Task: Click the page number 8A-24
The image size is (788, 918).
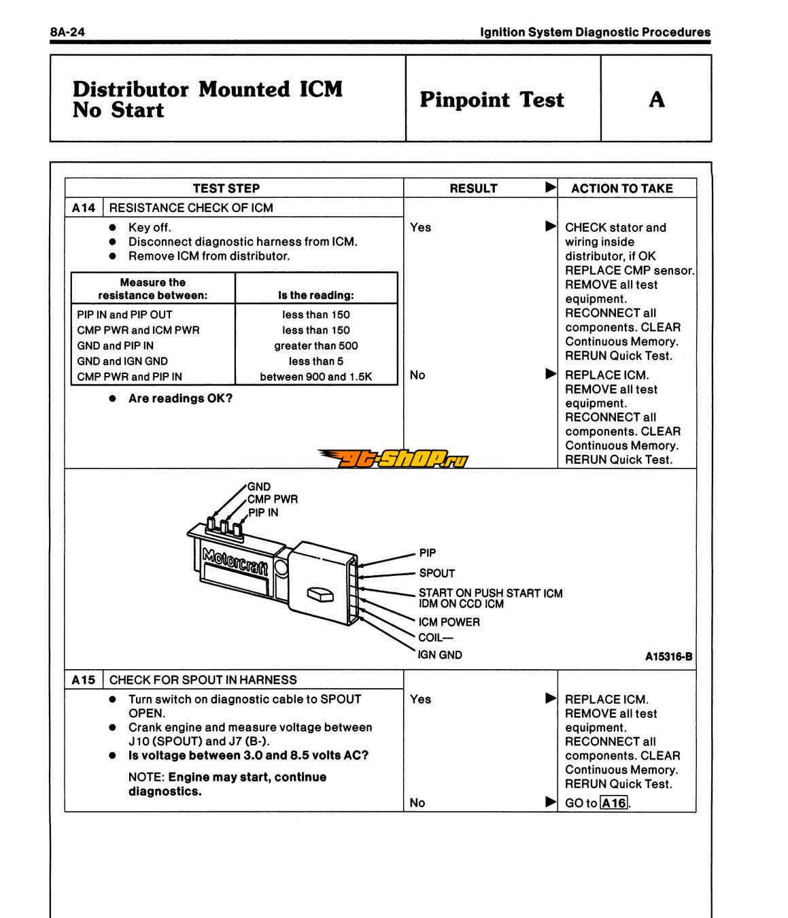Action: pyautogui.click(x=67, y=32)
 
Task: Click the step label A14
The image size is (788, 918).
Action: pyautogui.click(x=84, y=207)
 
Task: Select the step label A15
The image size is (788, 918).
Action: pyautogui.click(x=84, y=679)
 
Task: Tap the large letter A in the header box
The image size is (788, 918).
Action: pyautogui.click(x=656, y=99)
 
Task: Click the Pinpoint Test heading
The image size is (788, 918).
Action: pyautogui.click(x=492, y=99)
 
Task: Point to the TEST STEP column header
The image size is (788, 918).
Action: pyautogui.click(x=226, y=188)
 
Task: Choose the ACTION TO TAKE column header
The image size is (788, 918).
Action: pyautogui.click(x=621, y=188)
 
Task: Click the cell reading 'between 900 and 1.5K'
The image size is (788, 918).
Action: pyautogui.click(x=315, y=377)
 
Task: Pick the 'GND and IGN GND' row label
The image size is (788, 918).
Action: pyautogui.click(x=122, y=361)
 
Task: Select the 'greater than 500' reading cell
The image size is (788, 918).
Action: pyautogui.click(x=315, y=345)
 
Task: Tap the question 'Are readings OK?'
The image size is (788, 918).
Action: pyautogui.click(x=180, y=398)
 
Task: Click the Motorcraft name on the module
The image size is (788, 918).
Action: pyautogui.click(x=235, y=561)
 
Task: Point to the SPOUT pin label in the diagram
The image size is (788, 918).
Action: pyautogui.click(x=436, y=573)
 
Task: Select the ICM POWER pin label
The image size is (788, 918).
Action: pyautogui.click(x=449, y=622)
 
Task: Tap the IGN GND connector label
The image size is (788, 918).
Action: pyautogui.click(x=440, y=655)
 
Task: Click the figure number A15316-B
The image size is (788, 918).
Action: pyautogui.click(x=668, y=656)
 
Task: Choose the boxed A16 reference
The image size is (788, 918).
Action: pyautogui.click(x=614, y=803)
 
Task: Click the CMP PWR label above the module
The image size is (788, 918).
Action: pyautogui.click(x=272, y=499)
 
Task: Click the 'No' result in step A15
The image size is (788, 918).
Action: pyautogui.click(x=417, y=803)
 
